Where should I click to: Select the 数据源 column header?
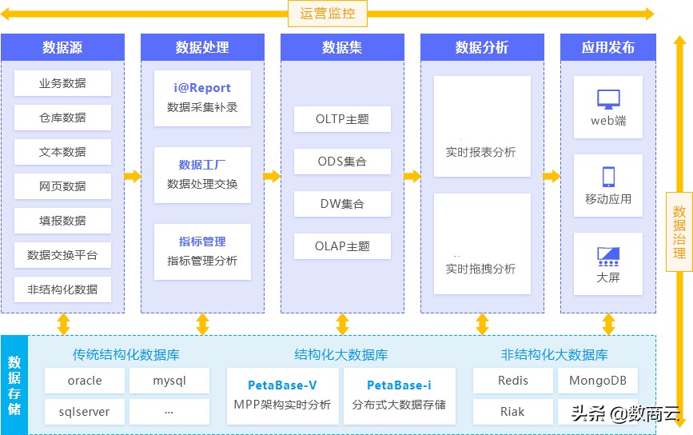[x=62, y=47]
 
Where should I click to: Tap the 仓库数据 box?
[x=62, y=118]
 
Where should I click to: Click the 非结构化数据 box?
[x=62, y=289]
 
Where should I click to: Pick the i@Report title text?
[x=202, y=88]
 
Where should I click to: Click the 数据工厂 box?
[x=202, y=174]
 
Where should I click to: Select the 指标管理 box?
[x=202, y=251]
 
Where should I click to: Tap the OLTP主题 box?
[x=342, y=119]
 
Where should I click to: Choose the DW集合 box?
[x=342, y=204]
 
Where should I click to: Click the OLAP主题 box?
[x=342, y=246]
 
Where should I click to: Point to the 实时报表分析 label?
[x=481, y=152]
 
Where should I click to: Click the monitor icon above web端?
[x=608, y=100]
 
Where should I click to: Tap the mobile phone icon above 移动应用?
[x=608, y=177]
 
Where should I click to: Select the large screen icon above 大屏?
[x=608, y=256]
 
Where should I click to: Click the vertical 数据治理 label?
[x=679, y=232]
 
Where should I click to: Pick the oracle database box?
[x=85, y=381]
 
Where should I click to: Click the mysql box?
[x=169, y=381]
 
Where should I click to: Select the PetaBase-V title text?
[x=282, y=385]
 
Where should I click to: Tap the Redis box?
[x=513, y=381]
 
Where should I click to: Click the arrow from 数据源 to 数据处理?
[x=133, y=176]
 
